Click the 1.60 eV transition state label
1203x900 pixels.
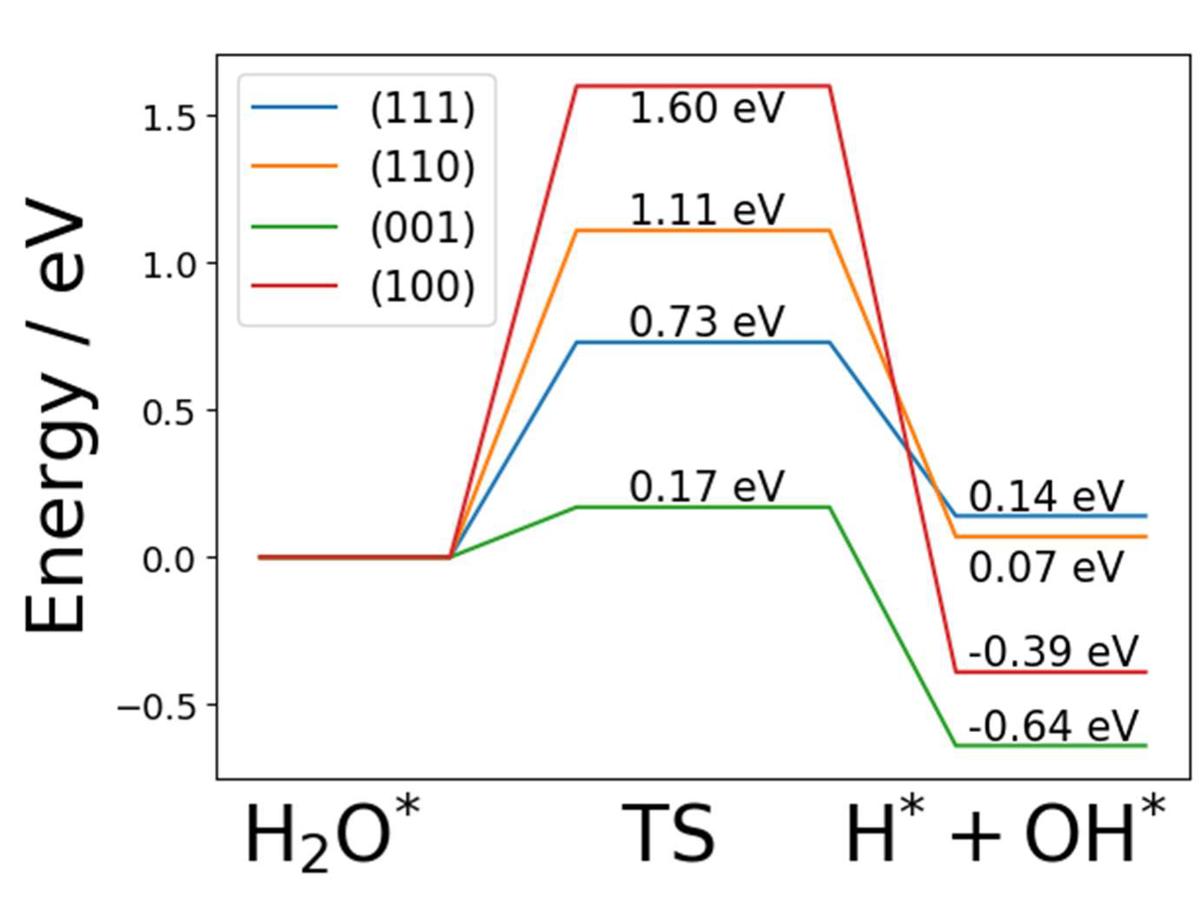[706, 109]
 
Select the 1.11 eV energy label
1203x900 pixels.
[706, 210]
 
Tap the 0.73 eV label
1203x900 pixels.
[706, 322]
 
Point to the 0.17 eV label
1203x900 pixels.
[706, 487]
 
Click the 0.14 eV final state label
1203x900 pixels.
[1045, 497]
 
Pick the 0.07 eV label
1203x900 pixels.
[1045, 568]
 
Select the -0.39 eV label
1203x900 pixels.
[1052, 651]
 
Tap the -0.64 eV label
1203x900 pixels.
[1052, 726]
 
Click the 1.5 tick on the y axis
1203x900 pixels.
[169, 118]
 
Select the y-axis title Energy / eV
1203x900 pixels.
[56, 416]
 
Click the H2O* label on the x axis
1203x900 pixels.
[332, 833]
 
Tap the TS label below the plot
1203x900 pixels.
[668, 834]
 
